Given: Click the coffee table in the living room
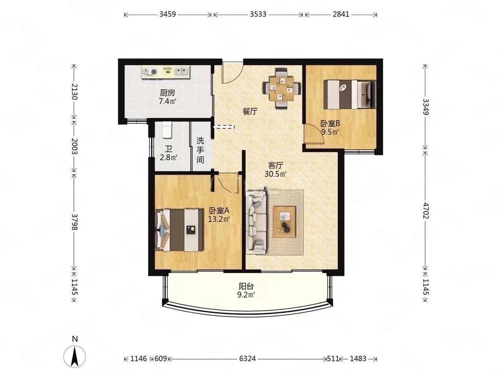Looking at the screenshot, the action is coord(284,222).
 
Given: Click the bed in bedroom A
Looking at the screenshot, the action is coord(179,230).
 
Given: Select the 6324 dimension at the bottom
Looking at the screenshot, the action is coord(248,359).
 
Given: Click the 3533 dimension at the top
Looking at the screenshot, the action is coord(258,14).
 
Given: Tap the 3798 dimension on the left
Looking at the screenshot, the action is coord(74,222).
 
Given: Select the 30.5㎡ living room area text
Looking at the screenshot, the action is coord(275,174).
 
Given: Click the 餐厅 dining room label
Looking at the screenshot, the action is coord(250,111).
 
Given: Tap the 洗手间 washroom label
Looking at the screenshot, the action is coord(200,150).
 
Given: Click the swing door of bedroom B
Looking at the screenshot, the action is coord(314,134).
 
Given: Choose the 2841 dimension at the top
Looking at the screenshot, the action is coord(341,14).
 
